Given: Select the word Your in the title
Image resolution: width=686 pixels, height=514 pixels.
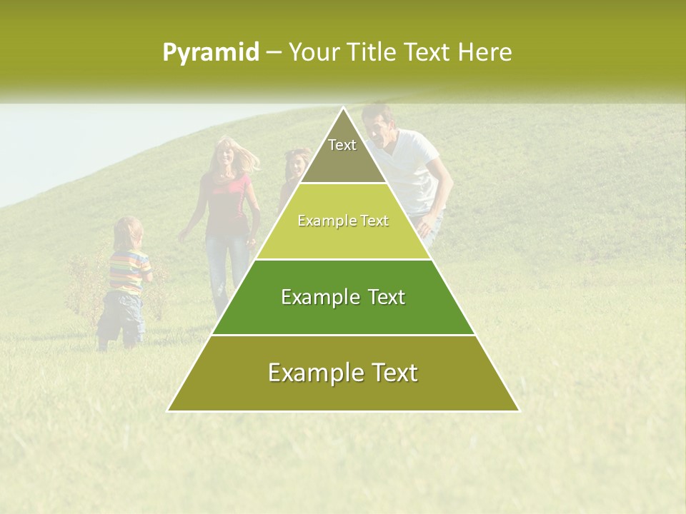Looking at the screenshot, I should (x=312, y=53).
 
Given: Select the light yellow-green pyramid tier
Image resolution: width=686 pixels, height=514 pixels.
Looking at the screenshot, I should (x=343, y=221).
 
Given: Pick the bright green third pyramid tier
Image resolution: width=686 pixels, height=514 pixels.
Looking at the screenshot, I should (x=343, y=297).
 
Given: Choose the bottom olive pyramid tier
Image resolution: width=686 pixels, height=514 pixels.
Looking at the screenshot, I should (x=343, y=373).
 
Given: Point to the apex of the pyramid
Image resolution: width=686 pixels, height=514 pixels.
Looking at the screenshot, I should (x=343, y=108).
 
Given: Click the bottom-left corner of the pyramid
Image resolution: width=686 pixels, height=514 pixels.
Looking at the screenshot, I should (x=169, y=410).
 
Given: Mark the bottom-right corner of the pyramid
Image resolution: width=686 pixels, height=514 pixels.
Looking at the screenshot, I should (x=518, y=410).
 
